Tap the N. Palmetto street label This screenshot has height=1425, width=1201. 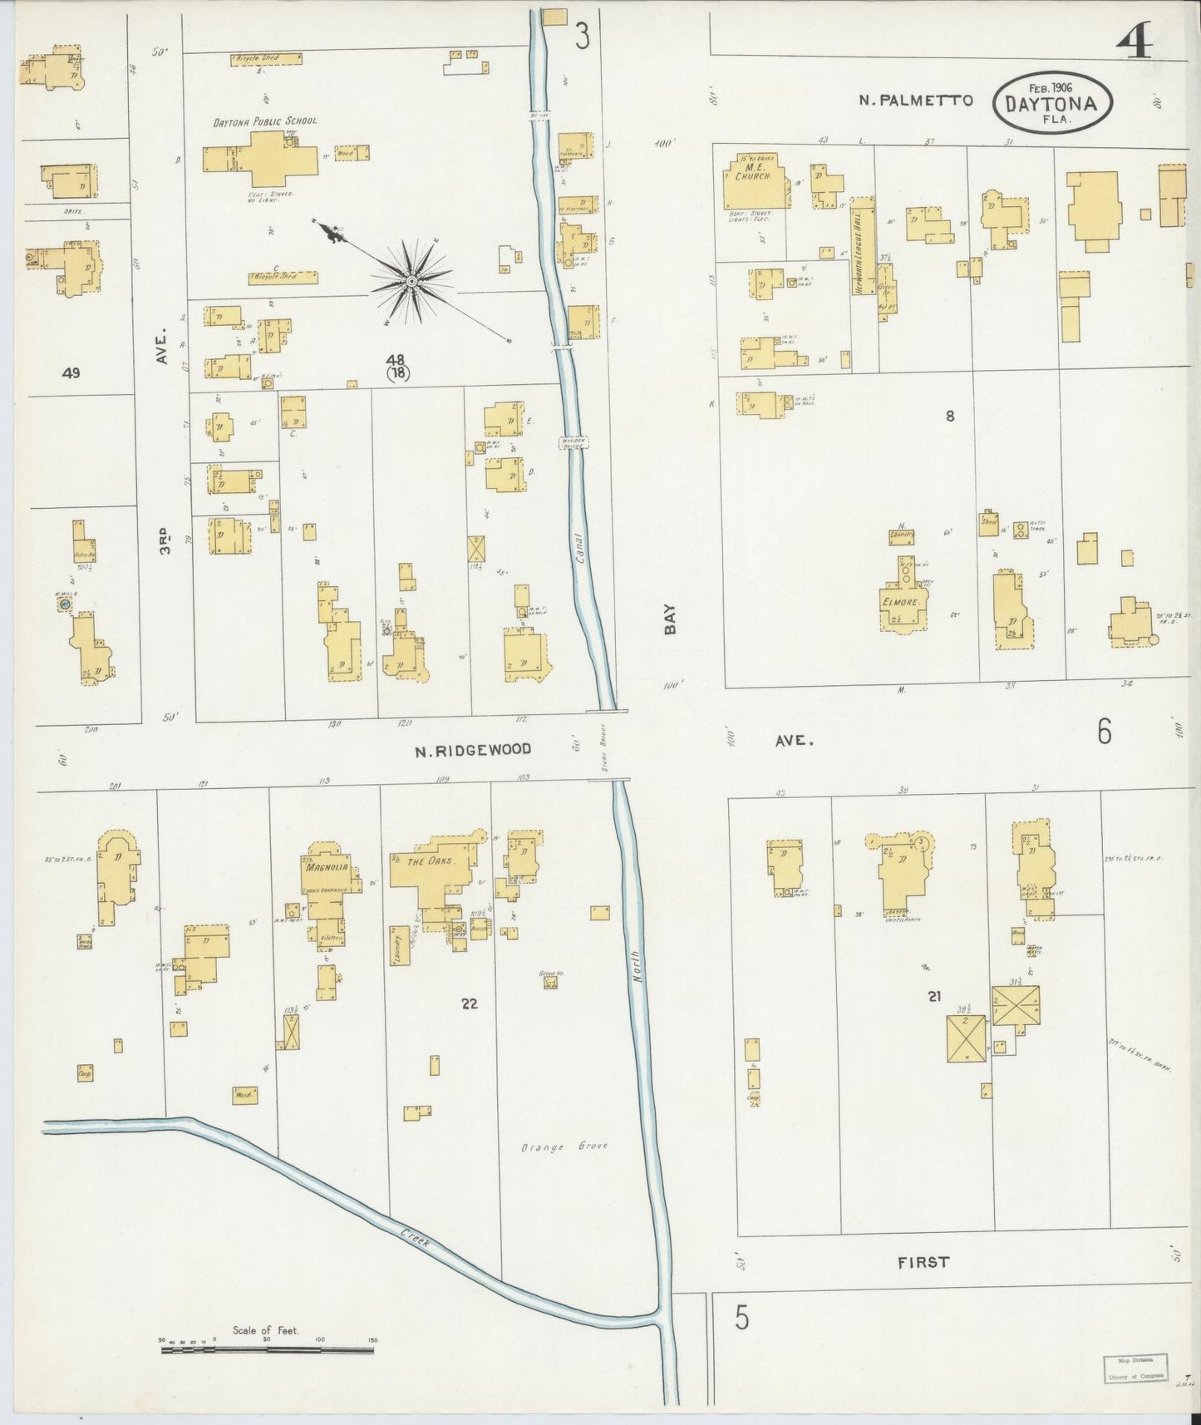tap(916, 101)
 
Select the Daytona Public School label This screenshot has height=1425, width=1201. tap(264, 121)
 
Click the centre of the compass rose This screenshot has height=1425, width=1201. tap(411, 283)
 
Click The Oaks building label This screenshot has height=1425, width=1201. tap(428, 861)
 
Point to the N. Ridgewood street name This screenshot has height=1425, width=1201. tap(473, 750)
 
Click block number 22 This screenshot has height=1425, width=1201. tap(470, 1003)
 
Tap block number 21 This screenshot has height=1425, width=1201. tap(935, 996)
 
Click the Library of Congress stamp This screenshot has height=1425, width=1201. tap(1135, 1369)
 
